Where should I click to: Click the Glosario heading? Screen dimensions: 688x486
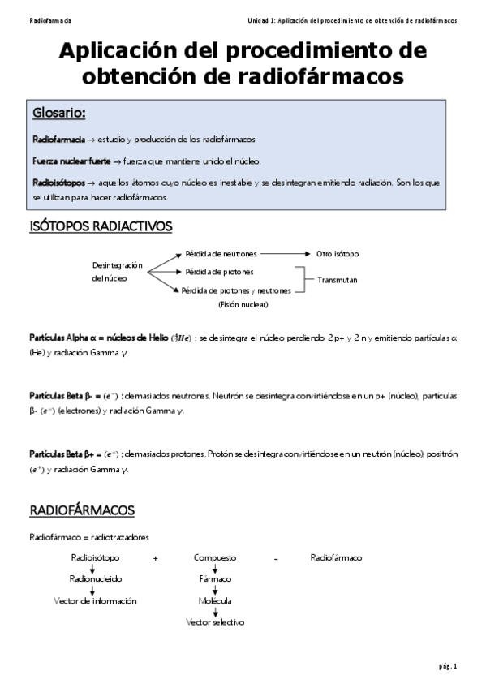coord(59,112)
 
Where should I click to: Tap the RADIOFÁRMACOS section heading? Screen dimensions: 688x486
coord(82,510)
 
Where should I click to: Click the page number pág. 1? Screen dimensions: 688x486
coord(448,666)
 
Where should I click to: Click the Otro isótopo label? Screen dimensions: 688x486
coord(338,254)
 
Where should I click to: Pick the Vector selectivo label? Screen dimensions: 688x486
coord(215,622)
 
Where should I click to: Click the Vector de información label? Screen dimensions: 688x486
coord(95,601)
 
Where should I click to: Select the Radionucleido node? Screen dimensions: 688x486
coord(95,579)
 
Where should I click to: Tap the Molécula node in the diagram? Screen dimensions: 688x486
coord(215,601)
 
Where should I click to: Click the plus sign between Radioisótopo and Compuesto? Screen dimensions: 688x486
coord(155,559)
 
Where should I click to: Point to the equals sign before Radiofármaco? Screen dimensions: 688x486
coord(276,559)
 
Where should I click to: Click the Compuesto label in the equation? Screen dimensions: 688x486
coord(215,558)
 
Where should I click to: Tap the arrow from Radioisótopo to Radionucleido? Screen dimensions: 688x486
coord(92,569)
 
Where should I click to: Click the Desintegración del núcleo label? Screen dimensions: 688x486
coord(117,271)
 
